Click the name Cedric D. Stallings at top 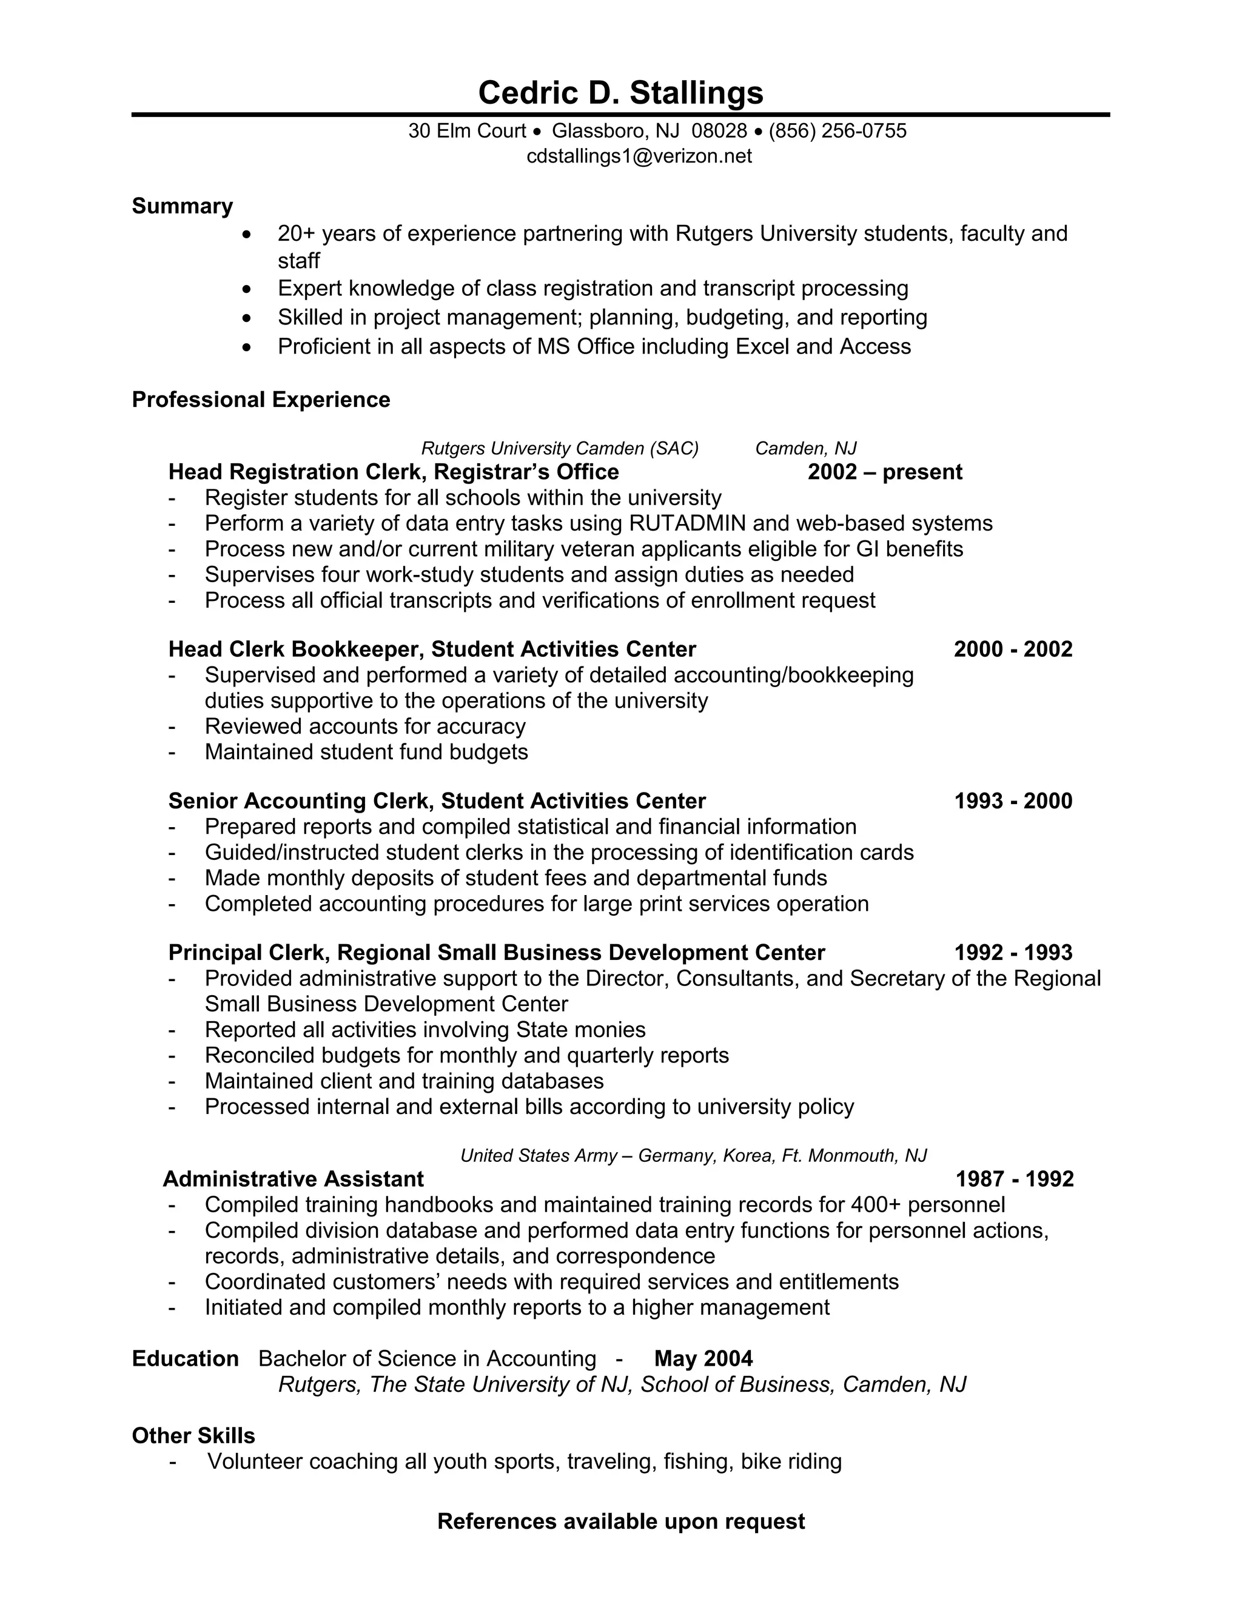click(x=620, y=93)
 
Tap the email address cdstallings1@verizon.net click(x=639, y=156)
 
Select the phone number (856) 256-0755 click(x=838, y=131)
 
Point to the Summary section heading click(x=182, y=206)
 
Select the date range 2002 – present click(x=884, y=472)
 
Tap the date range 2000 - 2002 click(x=1012, y=649)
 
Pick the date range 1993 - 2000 click(x=1012, y=800)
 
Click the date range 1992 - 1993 click(x=1012, y=952)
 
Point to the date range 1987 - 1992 click(x=1014, y=1179)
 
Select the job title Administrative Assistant click(x=293, y=1179)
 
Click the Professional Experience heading click(x=260, y=400)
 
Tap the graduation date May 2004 click(x=703, y=1358)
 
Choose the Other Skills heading click(x=193, y=1435)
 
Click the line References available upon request click(x=620, y=1521)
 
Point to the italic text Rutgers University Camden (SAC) click(x=559, y=448)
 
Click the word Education click(x=185, y=1358)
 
